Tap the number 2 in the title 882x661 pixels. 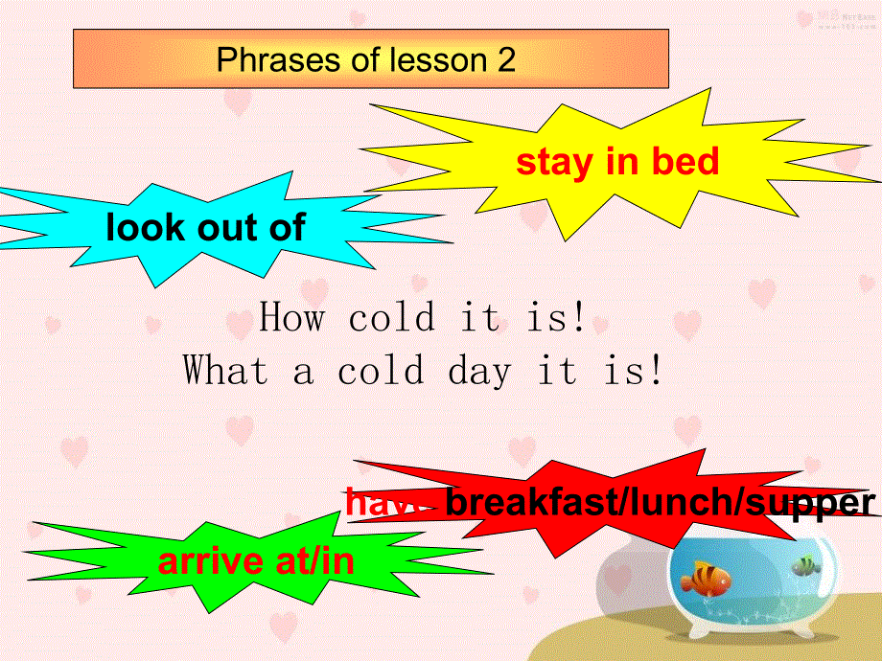pyautogui.click(x=506, y=60)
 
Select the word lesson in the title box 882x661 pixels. pyautogui.click(x=438, y=60)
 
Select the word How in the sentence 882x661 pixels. pyautogui.click(x=292, y=317)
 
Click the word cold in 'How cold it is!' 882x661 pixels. pyautogui.click(x=391, y=317)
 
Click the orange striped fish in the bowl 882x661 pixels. pyautogui.click(x=705, y=577)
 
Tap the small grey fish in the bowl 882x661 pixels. pyautogui.click(x=805, y=566)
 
